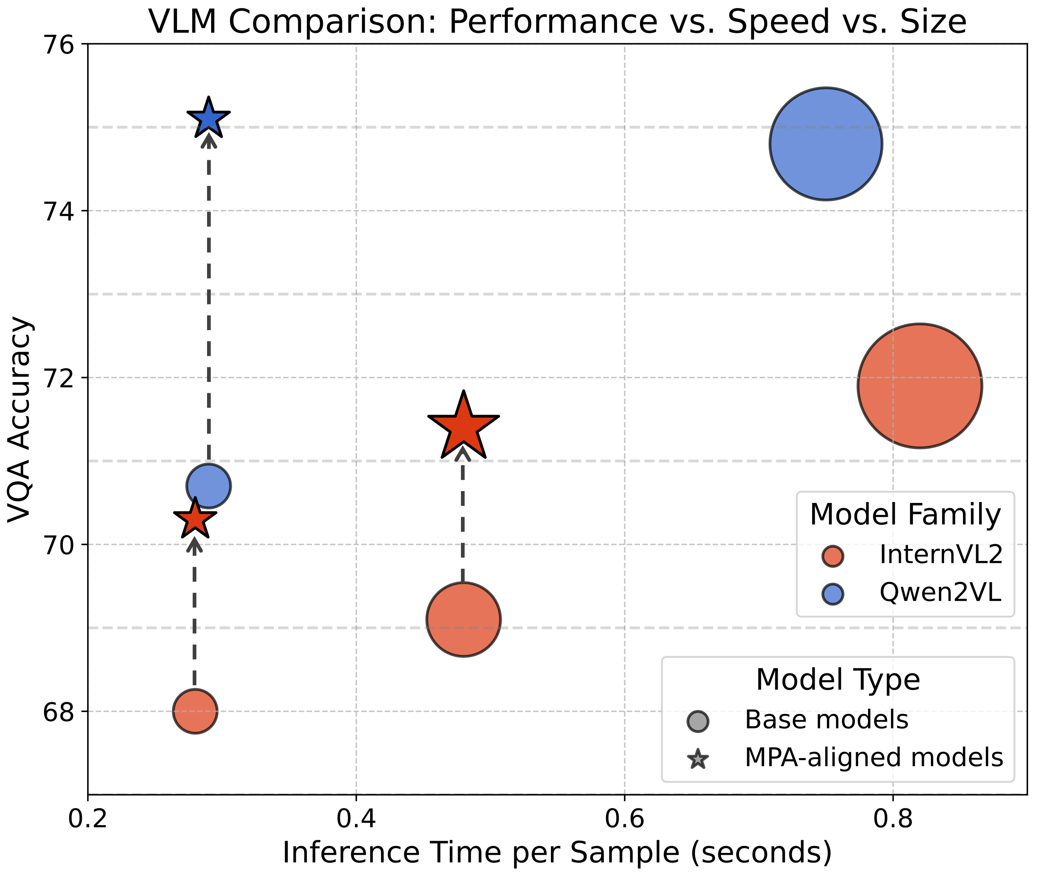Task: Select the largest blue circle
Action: click(826, 144)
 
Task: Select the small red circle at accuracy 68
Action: click(195, 711)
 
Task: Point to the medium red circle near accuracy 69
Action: click(463, 620)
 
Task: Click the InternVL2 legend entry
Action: click(940, 555)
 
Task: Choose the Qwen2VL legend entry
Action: click(940, 593)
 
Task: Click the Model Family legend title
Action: click(905, 515)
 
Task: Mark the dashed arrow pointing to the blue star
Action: click(209, 297)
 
